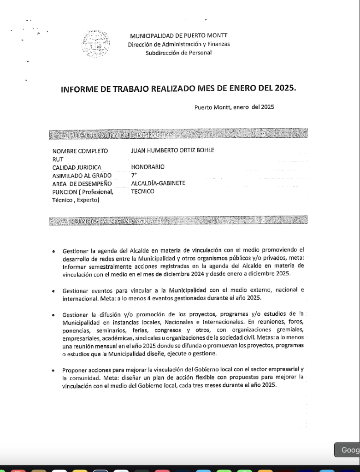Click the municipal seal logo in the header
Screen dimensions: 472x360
(95, 44)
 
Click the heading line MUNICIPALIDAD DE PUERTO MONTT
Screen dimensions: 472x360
(178, 35)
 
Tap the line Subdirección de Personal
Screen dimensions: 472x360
(178, 53)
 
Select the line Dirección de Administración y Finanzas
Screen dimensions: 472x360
(179, 44)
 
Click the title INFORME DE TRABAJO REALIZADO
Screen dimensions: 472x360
(178, 88)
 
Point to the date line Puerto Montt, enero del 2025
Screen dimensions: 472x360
(234, 107)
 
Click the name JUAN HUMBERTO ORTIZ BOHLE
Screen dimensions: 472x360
(172, 150)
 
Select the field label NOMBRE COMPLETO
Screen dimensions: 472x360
(80, 151)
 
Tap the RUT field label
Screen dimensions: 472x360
(58, 159)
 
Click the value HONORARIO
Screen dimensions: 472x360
(148, 167)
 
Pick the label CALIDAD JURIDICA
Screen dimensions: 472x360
(77, 167)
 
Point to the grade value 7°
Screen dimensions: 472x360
(134, 175)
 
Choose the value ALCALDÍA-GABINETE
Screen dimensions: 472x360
(158, 183)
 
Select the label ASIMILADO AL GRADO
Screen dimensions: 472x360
(82, 175)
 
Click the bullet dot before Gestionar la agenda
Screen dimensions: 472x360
(54, 252)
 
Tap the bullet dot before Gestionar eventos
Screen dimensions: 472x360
(54, 291)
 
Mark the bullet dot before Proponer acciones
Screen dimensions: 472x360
(54, 371)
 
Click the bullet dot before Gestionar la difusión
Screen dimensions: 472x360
(54, 315)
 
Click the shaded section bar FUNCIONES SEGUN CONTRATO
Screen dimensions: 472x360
(178, 221)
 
